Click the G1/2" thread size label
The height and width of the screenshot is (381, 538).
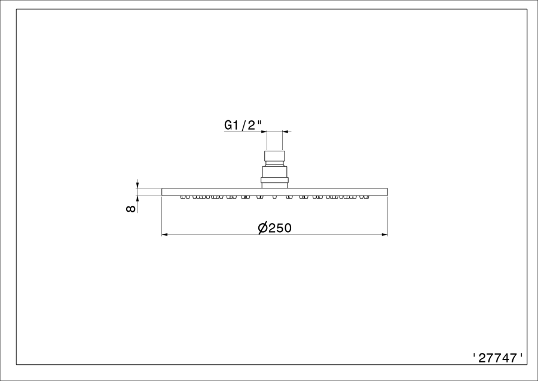point(240,125)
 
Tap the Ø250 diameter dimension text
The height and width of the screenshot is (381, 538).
point(274,227)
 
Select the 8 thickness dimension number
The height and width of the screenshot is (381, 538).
point(131,209)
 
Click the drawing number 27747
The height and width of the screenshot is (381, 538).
point(497,358)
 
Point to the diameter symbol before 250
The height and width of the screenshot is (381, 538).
point(263,228)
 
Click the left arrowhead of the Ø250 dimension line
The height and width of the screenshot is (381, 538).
point(164,234)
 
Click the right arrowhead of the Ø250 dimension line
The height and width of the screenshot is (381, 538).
point(384,234)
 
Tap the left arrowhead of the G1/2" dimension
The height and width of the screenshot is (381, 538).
point(264,131)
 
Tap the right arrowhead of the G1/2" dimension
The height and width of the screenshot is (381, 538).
point(286,131)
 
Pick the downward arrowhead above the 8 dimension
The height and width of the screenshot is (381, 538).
point(137,185)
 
